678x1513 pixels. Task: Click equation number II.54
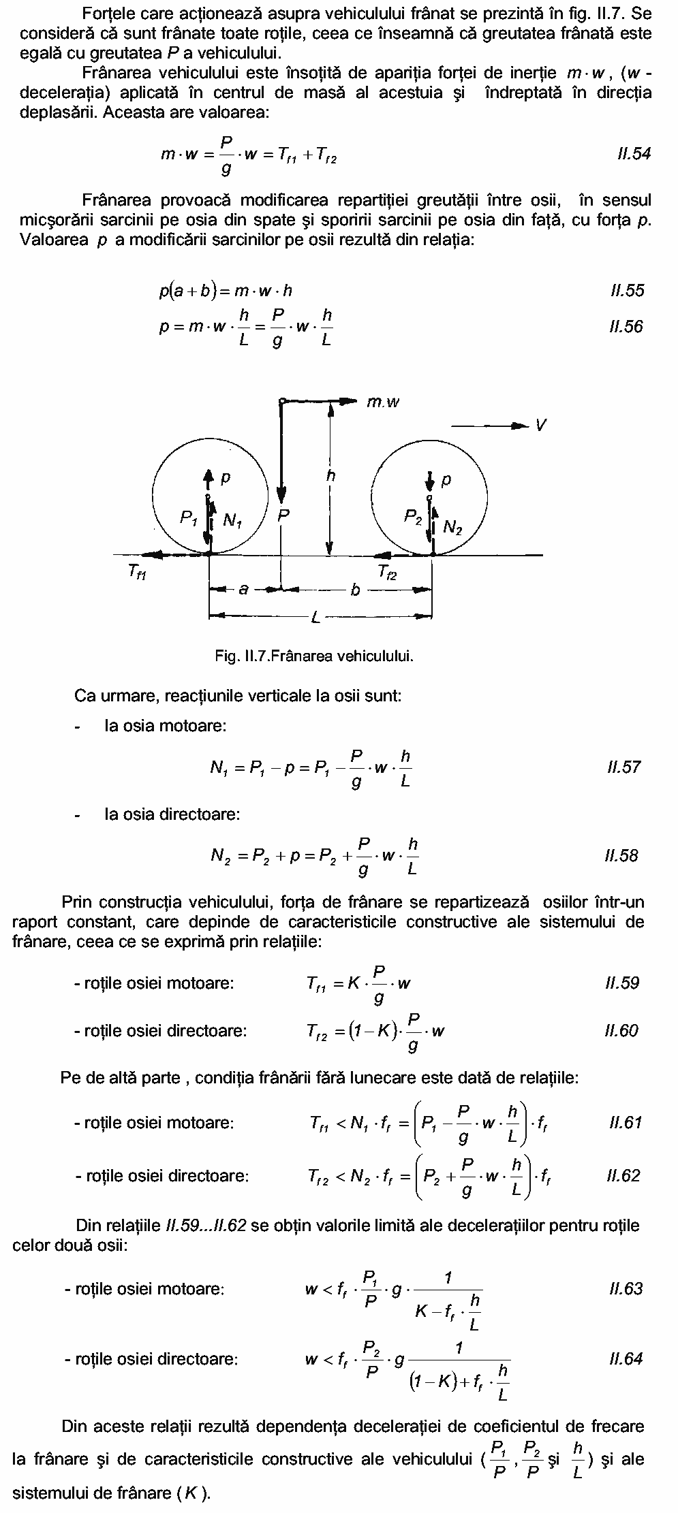click(x=632, y=154)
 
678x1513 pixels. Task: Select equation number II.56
click(x=626, y=327)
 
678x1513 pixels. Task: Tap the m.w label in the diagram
click(x=383, y=402)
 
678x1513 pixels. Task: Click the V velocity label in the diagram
click(x=541, y=426)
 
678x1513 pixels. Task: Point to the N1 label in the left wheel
click(x=233, y=522)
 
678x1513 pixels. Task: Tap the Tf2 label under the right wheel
click(x=387, y=573)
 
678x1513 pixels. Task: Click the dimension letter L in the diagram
click(x=315, y=618)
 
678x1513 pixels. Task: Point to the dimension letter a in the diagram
click(x=243, y=590)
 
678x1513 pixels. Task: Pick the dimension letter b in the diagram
click(x=355, y=590)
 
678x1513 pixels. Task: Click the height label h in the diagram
click(x=330, y=476)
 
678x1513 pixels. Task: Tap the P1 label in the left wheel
click(x=189, y=519)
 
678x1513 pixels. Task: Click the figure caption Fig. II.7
click(x=314, y=656)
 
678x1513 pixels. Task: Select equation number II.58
click(x=621, y=856)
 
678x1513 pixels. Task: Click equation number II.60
click(x=621, y=1031)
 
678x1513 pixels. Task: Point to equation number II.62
click(x=623, y=1176)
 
